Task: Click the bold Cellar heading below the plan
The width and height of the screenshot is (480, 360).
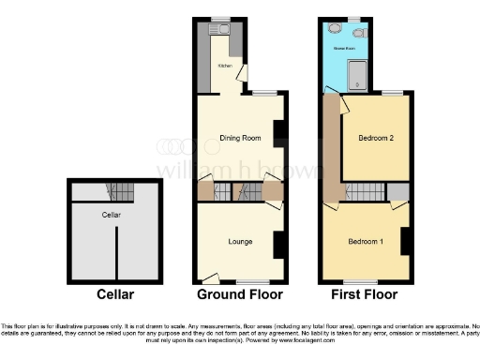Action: click(x=117, y=294)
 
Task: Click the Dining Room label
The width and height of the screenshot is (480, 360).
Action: click(x=238, y=139)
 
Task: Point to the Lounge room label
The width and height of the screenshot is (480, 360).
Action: click(x=239, y=241)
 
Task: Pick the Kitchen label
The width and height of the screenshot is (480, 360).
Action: click(x=225, y=66)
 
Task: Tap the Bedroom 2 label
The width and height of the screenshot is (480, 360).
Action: click(x=375, y=139)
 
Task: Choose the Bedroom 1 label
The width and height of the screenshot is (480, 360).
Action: click(x=365, y=241)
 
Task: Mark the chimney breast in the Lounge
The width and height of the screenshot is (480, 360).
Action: click(x=279, y=244)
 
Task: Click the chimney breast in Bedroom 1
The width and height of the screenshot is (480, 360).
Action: click(x=406, y=241)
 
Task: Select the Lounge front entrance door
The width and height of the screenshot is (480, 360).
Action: click(x=211, y=277)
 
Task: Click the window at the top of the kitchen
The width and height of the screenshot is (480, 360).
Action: click(x=221, y=19)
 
